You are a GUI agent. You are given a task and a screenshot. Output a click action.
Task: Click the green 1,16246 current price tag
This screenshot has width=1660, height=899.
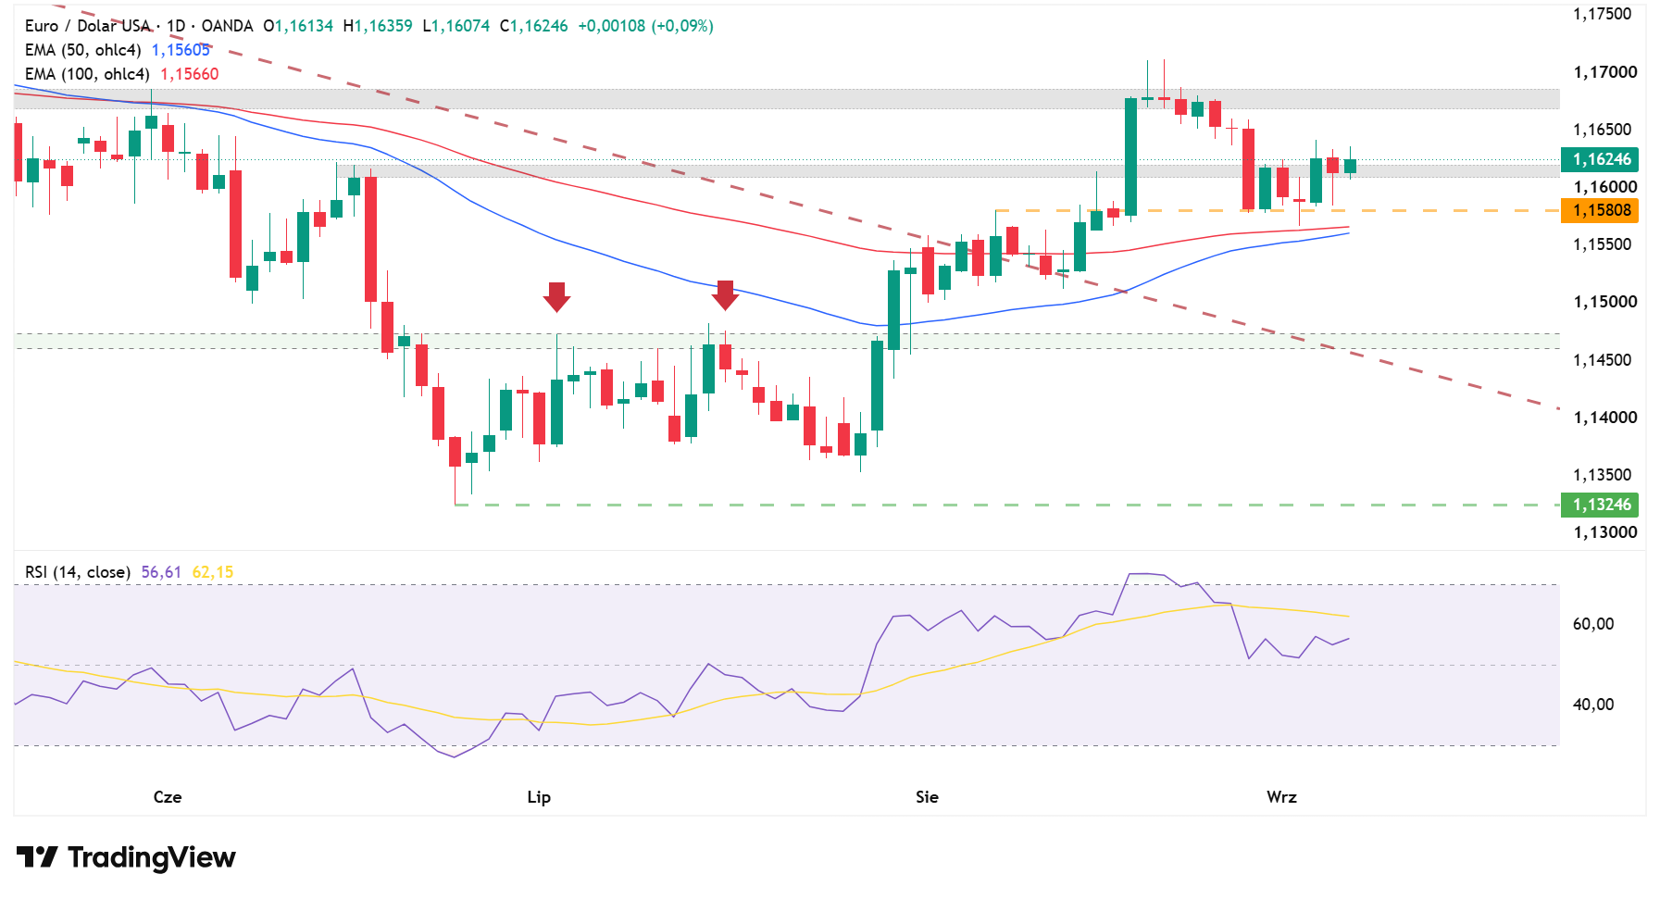pos(1599,159)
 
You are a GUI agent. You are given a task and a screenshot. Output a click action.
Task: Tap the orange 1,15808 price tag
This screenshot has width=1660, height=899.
pos(1599,210)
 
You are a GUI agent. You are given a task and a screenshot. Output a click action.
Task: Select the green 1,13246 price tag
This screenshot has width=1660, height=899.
pos(1599,505)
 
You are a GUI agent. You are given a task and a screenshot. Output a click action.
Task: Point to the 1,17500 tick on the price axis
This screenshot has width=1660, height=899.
pos(1602,14)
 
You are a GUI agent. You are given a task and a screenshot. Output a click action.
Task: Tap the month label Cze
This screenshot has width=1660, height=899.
pos(168,797)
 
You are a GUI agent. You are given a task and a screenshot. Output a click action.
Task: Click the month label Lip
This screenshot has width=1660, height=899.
pos(539,797)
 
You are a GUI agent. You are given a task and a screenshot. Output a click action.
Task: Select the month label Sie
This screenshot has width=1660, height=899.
pos(927,797)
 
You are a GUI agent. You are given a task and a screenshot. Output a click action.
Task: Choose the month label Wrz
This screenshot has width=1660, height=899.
pos(1281,797)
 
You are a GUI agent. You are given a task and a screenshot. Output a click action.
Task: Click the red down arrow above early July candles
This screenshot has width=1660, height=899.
pos(556,296)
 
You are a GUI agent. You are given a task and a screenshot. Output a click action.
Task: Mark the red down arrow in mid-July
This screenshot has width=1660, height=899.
pos(725,295)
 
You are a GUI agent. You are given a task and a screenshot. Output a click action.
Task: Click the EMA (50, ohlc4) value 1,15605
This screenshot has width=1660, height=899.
pos(181,50)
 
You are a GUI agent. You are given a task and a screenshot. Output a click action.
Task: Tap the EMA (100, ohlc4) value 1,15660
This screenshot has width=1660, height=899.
pos(190,74)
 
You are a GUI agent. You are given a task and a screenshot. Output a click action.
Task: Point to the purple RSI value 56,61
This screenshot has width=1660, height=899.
pos(161,572)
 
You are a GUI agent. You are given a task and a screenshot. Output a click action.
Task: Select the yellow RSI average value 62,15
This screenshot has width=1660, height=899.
pos(213,572)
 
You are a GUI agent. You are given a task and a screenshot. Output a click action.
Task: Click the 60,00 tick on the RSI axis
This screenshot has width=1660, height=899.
pos(1592,624)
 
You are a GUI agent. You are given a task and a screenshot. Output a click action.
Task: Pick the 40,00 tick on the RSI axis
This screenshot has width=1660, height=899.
pos(1592,705)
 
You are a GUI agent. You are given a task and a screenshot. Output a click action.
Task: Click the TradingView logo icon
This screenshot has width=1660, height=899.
pos(37,857)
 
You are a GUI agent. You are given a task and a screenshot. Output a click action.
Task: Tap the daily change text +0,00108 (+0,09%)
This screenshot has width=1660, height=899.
pos(645,26)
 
